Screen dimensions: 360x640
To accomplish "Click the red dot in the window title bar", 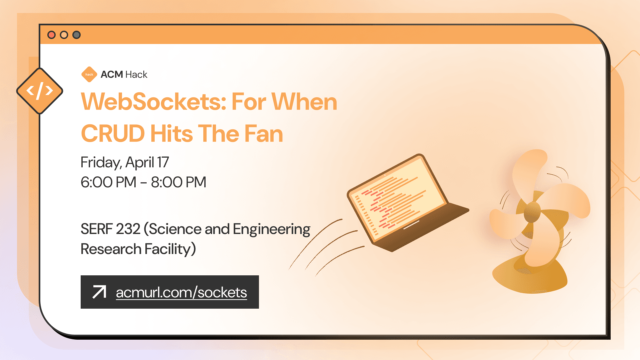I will pos(51,35).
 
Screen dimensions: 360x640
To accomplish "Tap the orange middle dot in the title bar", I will pos(64,35).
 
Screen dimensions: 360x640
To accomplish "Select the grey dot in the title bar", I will pos(77,35).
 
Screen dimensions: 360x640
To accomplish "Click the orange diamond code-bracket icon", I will pos(40,91).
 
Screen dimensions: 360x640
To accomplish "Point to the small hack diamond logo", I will pos(89,74).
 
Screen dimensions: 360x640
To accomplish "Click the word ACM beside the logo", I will pos(112,74).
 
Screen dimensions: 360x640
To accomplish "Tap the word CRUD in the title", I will pos(113,134).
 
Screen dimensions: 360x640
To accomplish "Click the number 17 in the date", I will pos(163,163).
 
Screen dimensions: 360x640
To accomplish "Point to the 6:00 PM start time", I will pos(108,182).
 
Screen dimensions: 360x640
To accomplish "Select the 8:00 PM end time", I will pos(179,182).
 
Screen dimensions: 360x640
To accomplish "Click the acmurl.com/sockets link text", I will pos(181,293).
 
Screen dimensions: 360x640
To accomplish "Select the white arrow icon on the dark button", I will pos(99,292).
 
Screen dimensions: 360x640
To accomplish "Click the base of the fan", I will pos(530,277).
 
